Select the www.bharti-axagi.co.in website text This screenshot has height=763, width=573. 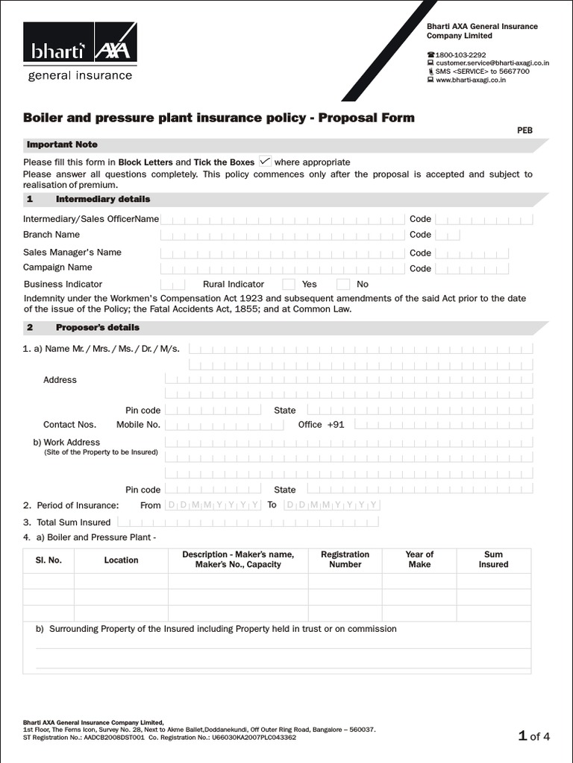[x=471, y=80]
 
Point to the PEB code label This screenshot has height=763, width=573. [x=525, y=130]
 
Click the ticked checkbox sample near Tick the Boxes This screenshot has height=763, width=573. [x=265, y=161]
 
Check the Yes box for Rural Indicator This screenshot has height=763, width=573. [x=289, y=284]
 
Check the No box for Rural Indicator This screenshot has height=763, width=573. [x=343, y=284]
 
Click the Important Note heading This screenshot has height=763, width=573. [x=62, y=145]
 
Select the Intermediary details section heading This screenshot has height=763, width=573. [x=103, y=199]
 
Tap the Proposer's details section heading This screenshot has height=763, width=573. [x=98, y=327]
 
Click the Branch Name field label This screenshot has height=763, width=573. [x=51, y=235]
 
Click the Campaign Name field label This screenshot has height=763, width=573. [x=57, y=267]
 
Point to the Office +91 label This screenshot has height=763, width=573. [x=321, y=425]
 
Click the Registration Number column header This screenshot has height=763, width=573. [x=345, y=560]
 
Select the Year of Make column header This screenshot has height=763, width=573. [x=419, y=560]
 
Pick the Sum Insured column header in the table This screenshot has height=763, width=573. [x=493, y=560]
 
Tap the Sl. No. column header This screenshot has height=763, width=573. [x=48, y=560]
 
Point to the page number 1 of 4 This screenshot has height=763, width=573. [x=534, y=737]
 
